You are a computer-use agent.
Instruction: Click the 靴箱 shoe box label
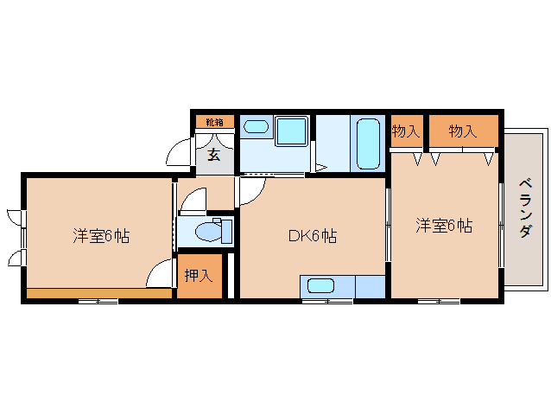(214, 122)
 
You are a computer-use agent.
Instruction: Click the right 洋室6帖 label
(444, 226)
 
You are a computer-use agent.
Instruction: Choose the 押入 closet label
(199, 277)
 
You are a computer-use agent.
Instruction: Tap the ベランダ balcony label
(525, 208)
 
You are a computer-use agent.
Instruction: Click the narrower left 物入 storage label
(405, 131)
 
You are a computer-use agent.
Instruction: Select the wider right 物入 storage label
(463, 131)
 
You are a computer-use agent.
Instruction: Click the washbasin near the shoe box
(256, 126)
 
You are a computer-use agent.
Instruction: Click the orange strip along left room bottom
(98, 293)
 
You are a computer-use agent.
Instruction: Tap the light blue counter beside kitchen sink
(370, 286)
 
